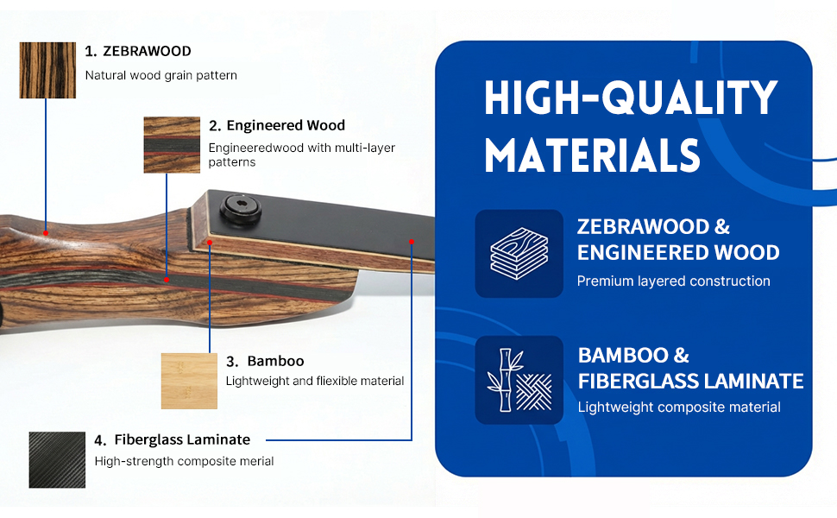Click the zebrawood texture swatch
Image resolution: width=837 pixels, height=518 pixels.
[47, 70]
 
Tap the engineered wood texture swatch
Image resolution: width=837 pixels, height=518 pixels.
[172, 145]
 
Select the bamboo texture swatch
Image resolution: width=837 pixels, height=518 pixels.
[189, 381]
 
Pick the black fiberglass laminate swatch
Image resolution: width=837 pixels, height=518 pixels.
[57, 460]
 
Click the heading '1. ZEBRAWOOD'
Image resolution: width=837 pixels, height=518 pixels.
[138, 51]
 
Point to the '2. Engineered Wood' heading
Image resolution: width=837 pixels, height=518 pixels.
[277, 125]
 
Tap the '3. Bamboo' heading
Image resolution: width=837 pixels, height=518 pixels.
[265, 362]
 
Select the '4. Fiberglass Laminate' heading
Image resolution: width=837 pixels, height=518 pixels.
[173, 440]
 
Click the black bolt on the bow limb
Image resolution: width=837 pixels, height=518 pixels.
[241, 209]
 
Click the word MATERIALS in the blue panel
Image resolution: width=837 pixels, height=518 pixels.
[592, 155]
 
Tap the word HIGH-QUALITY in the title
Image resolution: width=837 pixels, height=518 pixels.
[631, 98]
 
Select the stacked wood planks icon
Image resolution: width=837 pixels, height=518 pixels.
[519, 254]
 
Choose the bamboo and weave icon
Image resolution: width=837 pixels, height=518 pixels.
[519, 380]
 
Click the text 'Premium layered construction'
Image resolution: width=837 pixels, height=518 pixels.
[674, 281]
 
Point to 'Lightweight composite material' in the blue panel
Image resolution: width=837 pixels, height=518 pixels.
[679, 407]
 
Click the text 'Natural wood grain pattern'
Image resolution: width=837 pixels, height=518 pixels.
[161, 75]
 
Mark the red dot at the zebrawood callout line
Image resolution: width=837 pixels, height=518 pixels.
[46, 233]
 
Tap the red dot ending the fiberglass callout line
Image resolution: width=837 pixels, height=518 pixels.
[412, 242]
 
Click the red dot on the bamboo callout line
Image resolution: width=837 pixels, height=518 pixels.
[210, 243]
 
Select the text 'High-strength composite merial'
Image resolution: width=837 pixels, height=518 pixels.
[184, 461]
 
